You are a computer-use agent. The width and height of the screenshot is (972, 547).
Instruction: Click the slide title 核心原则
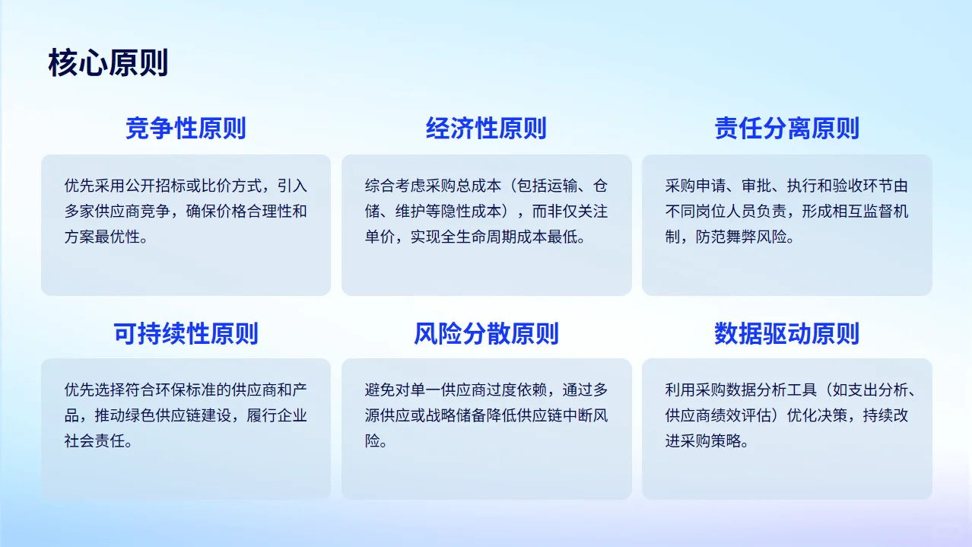click(x=108, y=63)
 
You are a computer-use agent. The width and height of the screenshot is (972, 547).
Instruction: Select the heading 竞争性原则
click(x=186, y=129)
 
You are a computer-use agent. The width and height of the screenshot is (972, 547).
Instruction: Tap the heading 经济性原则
click(x=486, y=129)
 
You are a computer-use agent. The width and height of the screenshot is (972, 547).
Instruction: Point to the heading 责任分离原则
click(x=786, y=129)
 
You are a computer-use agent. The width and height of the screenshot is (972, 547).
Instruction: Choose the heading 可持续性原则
click(x=186, y=333)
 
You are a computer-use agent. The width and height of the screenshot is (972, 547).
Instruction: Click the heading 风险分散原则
click(x=486, y=333)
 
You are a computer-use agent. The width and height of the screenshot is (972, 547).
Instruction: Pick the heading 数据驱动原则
click(x=786, y=333)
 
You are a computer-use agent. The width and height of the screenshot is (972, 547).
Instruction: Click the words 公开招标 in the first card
click(x=155, y=186)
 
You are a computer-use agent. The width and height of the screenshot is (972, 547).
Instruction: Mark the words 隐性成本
click(x=478, y=211)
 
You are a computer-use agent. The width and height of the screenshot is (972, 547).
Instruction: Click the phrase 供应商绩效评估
click(x=718, y=415)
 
